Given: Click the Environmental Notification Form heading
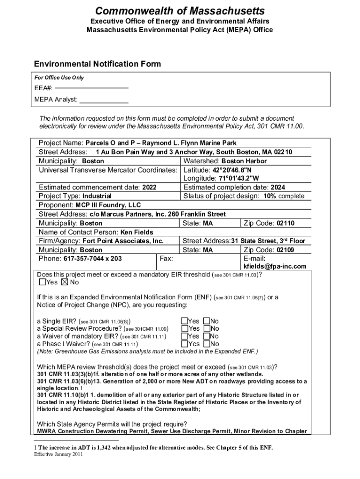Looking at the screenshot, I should [97, 64].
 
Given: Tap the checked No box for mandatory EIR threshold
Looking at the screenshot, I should [65, 282].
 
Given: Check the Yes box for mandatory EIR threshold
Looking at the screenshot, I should [43, 282].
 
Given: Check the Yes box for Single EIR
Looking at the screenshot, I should [184, 321].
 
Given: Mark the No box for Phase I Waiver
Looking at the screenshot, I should [206, 344].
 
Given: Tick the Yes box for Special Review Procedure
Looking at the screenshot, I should [184, 329].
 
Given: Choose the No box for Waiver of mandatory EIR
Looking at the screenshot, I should [206, 336].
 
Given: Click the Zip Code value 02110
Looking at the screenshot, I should [285, 223].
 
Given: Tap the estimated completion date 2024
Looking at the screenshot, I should [278, 187].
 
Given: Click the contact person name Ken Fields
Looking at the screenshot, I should [137, 232].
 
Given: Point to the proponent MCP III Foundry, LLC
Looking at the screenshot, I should [108, 205].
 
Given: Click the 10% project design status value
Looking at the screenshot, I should [270, 196].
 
